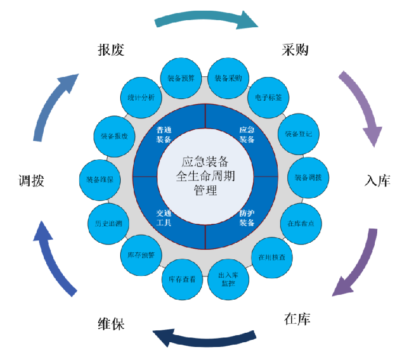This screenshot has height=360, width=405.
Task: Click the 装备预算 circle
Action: (181, 78)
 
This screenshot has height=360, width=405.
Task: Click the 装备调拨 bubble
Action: (308, 177)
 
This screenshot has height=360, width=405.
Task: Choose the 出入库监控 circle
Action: (228, 279)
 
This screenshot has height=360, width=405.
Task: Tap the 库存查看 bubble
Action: (182, 279)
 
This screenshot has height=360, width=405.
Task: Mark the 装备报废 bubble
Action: (114, 135)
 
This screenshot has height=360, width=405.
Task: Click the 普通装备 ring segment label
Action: (164, 135)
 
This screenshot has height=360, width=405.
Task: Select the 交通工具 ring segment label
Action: (164, 218)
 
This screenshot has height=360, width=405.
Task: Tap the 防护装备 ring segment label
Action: (247, 218)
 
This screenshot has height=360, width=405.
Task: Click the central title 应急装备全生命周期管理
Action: (205, 176)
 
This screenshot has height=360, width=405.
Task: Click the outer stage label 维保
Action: (111, 324)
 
